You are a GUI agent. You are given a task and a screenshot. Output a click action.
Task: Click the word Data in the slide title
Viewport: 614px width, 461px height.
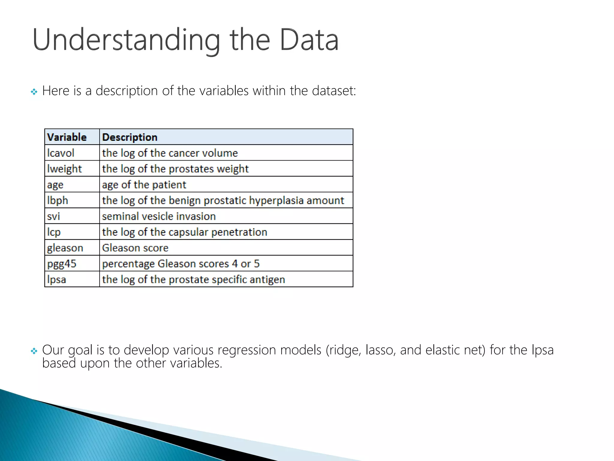coord(309,40)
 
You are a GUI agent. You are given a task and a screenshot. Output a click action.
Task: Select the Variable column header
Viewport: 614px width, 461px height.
coord(67,137)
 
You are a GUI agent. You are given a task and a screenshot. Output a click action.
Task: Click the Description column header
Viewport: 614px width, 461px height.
coord(130,137)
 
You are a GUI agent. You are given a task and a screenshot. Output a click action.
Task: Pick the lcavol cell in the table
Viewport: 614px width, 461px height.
coord(61,153)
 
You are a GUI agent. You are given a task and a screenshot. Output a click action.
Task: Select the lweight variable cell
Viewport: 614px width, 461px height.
coord(64,169)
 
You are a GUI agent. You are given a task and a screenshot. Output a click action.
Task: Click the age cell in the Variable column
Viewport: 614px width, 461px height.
coord(55,185)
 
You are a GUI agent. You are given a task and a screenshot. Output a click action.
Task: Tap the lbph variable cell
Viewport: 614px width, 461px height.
coord(58,200)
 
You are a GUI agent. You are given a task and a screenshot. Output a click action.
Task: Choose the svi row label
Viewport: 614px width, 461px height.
coord(54,216)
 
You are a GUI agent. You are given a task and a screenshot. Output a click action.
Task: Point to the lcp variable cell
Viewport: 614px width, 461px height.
coord(54,232)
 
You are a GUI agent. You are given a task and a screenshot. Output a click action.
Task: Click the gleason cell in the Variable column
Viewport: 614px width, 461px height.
coord(65,248)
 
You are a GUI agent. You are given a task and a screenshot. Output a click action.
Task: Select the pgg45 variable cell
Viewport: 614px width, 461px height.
coord(62,264)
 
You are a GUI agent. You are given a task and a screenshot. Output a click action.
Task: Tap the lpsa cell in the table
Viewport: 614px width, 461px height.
coord(57,279)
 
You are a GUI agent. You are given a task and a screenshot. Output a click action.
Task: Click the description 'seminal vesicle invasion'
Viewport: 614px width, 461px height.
coord(159,216)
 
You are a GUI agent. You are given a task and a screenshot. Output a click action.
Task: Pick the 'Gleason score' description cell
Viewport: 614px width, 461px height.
coord(135,248)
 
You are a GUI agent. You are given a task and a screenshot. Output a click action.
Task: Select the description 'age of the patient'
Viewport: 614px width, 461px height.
coord(144,185)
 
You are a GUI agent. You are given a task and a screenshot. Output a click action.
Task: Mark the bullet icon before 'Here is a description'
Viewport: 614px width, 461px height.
coord(34,92)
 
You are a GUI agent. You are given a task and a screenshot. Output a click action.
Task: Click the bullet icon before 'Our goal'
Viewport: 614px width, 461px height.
coord(34,351)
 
